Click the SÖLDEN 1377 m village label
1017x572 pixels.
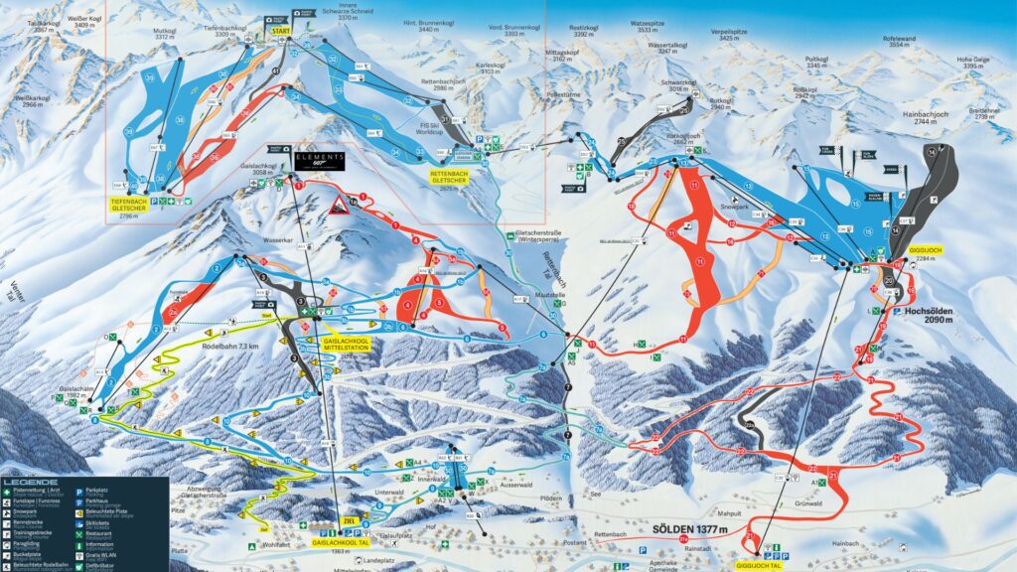coord(688,529)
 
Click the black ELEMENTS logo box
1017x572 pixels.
coord(318,160)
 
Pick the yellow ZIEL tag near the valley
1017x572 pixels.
coord(348,519)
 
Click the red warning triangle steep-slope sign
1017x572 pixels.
coord(338,206)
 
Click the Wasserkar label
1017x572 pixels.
coord(248,240)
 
